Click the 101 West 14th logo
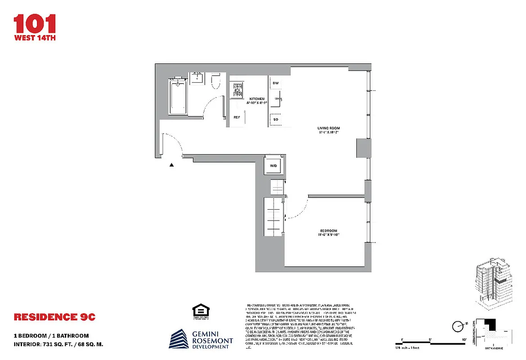point(35,27)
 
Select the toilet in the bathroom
point(215,81)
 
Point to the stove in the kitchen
point(237,90)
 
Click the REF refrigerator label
point(237,117)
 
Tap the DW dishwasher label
point(276,83)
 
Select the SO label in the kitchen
point(276,120)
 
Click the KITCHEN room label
point(257,99)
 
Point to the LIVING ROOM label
point(328,128)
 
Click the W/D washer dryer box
point(273,165)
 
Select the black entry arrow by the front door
point(171,165)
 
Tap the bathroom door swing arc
point(211,108)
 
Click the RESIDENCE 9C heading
point(54,317)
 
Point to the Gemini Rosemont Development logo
point(201,339)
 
